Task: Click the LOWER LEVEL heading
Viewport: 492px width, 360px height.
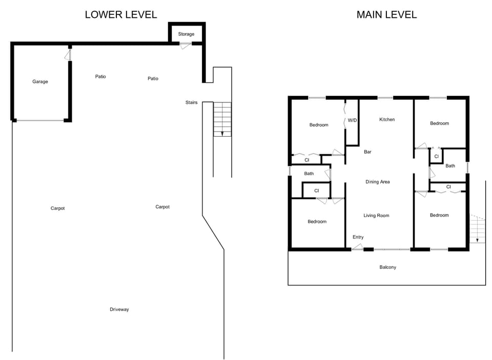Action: coord(120,15)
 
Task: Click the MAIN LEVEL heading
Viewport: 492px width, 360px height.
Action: coord(386,15)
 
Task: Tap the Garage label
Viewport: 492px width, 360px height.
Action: coord(40,81)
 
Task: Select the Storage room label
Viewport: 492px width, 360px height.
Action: coord(186,34)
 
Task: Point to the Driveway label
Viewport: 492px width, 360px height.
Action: coord(119,309)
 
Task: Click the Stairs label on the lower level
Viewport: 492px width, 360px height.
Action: coord(191,102)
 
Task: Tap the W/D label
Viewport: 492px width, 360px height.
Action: coord(352,120)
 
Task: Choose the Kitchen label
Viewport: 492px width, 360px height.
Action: coord(387,119)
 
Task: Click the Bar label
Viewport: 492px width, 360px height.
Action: coord(367,152)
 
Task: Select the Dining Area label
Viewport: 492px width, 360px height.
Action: coord(378,182)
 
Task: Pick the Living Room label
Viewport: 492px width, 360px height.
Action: coord(376,216)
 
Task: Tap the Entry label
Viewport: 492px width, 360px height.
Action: coord(358,237)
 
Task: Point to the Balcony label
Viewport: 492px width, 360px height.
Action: coord(387,267)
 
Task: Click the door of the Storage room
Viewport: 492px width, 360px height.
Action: coord(185,46)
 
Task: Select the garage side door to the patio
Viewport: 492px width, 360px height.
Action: coord(68,54)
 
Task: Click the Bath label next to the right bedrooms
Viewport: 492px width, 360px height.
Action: coord(450,166)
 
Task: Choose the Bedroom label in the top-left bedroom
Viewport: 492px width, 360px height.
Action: coord(318,125)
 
